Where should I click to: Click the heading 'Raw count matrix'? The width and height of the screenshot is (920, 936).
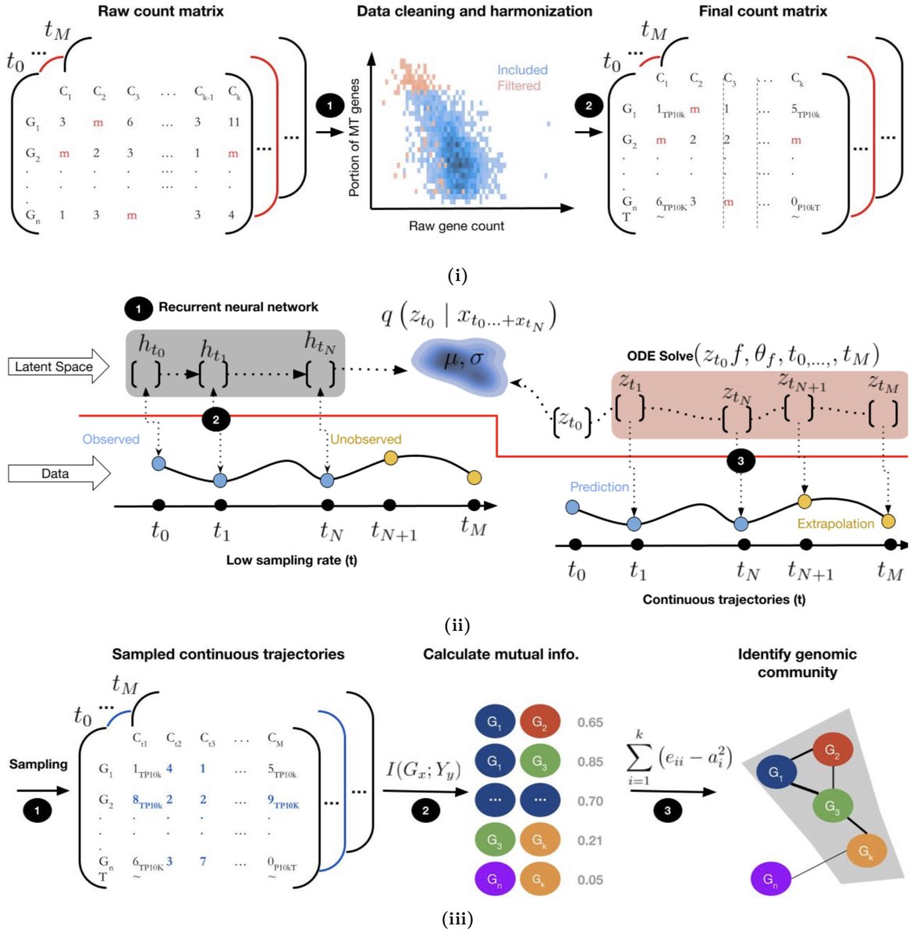coord(161,12)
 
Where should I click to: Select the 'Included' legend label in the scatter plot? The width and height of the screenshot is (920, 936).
coord(522,70)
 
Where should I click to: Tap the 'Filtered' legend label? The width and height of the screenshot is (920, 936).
coord(519,86)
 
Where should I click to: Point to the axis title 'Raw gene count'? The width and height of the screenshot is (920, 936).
coord(456,226)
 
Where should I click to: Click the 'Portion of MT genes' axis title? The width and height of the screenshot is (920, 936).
coord(355,137)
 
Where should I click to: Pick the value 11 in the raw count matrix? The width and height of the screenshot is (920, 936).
coord(233,122)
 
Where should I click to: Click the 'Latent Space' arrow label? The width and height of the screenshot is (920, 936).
coord(54,367)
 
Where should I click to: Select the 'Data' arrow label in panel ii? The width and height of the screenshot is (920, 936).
coord(55,473)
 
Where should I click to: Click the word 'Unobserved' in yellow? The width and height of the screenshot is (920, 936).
coord(365,439)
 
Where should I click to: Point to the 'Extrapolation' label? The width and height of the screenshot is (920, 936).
coord(836,523)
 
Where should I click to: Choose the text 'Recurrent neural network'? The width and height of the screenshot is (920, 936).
coord(238,307)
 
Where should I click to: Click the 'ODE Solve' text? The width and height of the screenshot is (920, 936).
coord(659,356)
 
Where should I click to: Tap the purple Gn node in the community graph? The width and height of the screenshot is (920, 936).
coord(770,879)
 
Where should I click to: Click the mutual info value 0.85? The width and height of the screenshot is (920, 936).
coord(590,762)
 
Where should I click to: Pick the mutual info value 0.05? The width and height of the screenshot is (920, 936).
coord(590,880)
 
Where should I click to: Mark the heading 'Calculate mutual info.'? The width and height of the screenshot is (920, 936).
coord(501,654)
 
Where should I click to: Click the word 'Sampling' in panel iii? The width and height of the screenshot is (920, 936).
coord(38,764)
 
